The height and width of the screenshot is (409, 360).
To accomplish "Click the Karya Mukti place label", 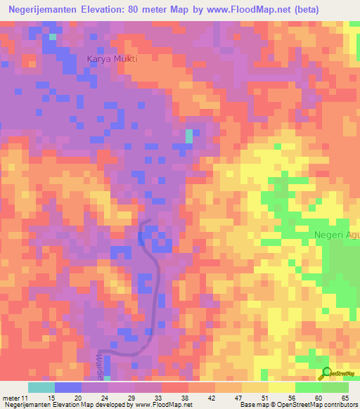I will coord(112,59).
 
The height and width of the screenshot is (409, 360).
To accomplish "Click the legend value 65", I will coord(345,399).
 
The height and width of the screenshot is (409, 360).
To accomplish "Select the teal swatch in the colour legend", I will coord(41,387).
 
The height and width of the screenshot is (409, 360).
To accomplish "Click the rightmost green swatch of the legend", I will coord(335,387).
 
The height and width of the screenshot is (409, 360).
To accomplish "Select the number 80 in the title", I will coord(132,10).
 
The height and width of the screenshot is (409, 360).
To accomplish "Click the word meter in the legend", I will coord(11,399).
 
